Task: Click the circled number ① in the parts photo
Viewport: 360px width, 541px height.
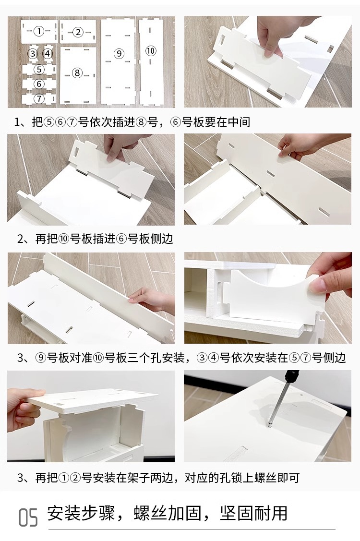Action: click(x=39, y=31)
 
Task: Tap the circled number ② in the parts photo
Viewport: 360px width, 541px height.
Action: click(x=78, y=32)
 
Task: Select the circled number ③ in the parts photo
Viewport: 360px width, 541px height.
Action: click(x=33, y=53)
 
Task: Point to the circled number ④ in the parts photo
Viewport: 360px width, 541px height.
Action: click(x=48, y=53)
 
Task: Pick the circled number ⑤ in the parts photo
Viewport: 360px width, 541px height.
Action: click(x=39, y=69)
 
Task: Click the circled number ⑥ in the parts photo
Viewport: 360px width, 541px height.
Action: click(x=39, y=84)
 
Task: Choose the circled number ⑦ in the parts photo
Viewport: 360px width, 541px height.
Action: click(x=39, y=99)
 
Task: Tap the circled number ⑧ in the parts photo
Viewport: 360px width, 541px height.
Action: click(x=77, y=73)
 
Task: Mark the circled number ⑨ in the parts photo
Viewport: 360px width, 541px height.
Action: click(x=119, y=53)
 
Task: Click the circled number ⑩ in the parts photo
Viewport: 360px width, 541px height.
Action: click(x=151, y=51)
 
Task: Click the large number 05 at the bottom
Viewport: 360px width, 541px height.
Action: click(x=28, y=517)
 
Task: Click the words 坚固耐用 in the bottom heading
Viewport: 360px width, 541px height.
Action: click(x=254, y=513)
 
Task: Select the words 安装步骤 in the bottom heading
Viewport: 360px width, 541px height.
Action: click(x=81, y=513)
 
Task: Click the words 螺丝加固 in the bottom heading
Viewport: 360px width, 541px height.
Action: click(x=168, y=513)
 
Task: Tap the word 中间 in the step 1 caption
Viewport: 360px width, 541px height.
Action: click(x=239, y=122)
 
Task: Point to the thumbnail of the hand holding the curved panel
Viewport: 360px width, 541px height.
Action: click(x=268, y=298)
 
